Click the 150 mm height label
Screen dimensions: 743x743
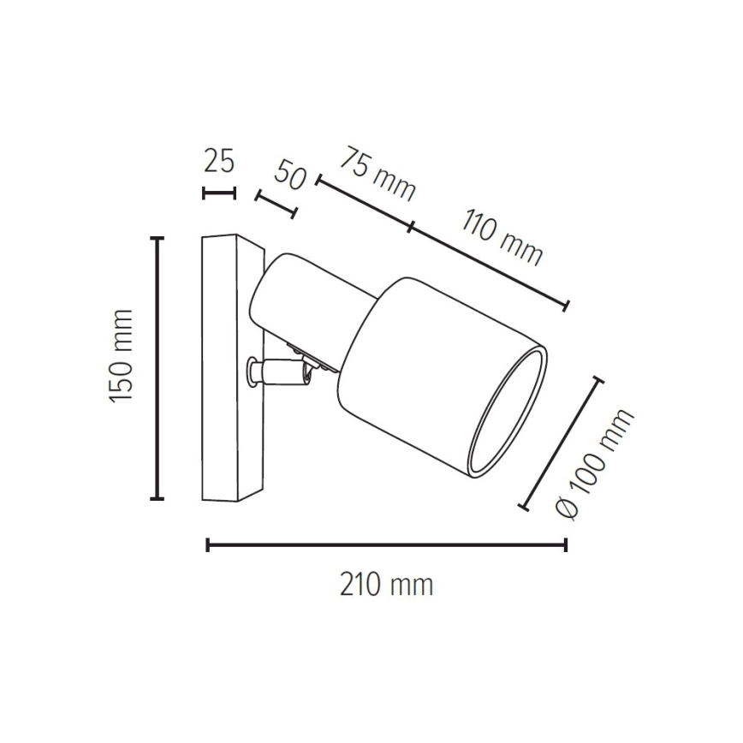(122, 357)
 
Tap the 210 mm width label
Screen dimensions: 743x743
(386, 585)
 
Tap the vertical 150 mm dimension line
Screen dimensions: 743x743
(157, 368)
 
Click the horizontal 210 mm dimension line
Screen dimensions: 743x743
(385, 544)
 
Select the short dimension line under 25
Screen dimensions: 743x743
(218, 193)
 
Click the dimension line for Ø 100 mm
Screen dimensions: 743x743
(562, 443)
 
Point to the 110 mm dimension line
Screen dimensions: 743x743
(488, 265)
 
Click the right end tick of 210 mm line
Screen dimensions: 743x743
(565, 544)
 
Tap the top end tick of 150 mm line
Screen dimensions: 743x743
(157, 239)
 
